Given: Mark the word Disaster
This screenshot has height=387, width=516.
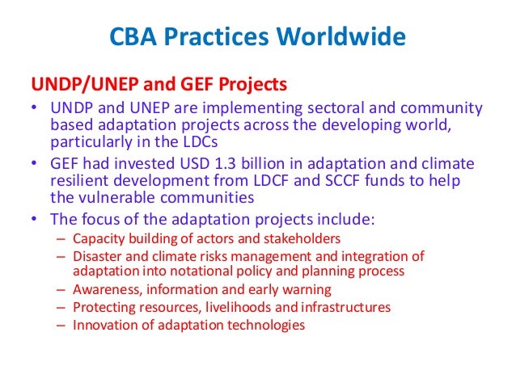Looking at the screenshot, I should click(x=95, y=257).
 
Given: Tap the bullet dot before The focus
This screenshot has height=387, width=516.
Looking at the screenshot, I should click(x=33, y=218).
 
